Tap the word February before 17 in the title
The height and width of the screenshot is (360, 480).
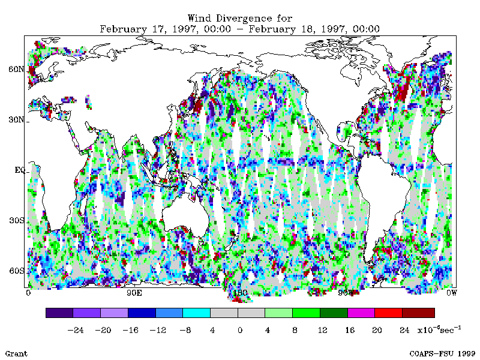(122, 28)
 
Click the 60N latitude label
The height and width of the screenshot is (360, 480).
(16, 69)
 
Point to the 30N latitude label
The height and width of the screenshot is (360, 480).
(16, 119)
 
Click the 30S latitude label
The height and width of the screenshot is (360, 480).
(16, 220)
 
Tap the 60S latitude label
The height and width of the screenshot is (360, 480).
(16, 271)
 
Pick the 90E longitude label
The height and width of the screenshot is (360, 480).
(134, 293)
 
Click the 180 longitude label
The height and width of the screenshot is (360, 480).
(240, 293)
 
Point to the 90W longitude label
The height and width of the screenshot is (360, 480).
(346, 293)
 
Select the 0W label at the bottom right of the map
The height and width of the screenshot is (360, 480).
(451, 293)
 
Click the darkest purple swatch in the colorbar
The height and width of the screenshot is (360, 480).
(59, 313)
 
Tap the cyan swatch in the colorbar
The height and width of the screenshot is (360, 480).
(196, 313)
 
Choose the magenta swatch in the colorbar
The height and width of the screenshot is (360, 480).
(361, 313)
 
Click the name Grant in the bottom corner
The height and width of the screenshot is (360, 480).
(16, 353)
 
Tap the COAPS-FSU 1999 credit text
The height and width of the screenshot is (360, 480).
(442, 353)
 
